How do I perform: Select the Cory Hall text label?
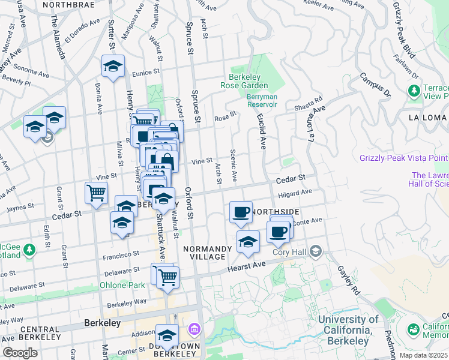pyautogui.click(x=291, y=251)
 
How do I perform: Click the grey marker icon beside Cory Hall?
pyautogui.click(x=316, y=251)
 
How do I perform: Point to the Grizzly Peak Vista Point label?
pyautogui.click(x=404, y=158)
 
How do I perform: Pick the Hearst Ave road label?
pyautogui.click(x=246, y=267)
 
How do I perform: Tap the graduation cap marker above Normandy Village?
pyautogui.click(x=248, y=242)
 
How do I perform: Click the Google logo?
pyautogui.click(x=20, y=353)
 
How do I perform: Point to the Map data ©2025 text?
pyautogui.click(x=423, y=355)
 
